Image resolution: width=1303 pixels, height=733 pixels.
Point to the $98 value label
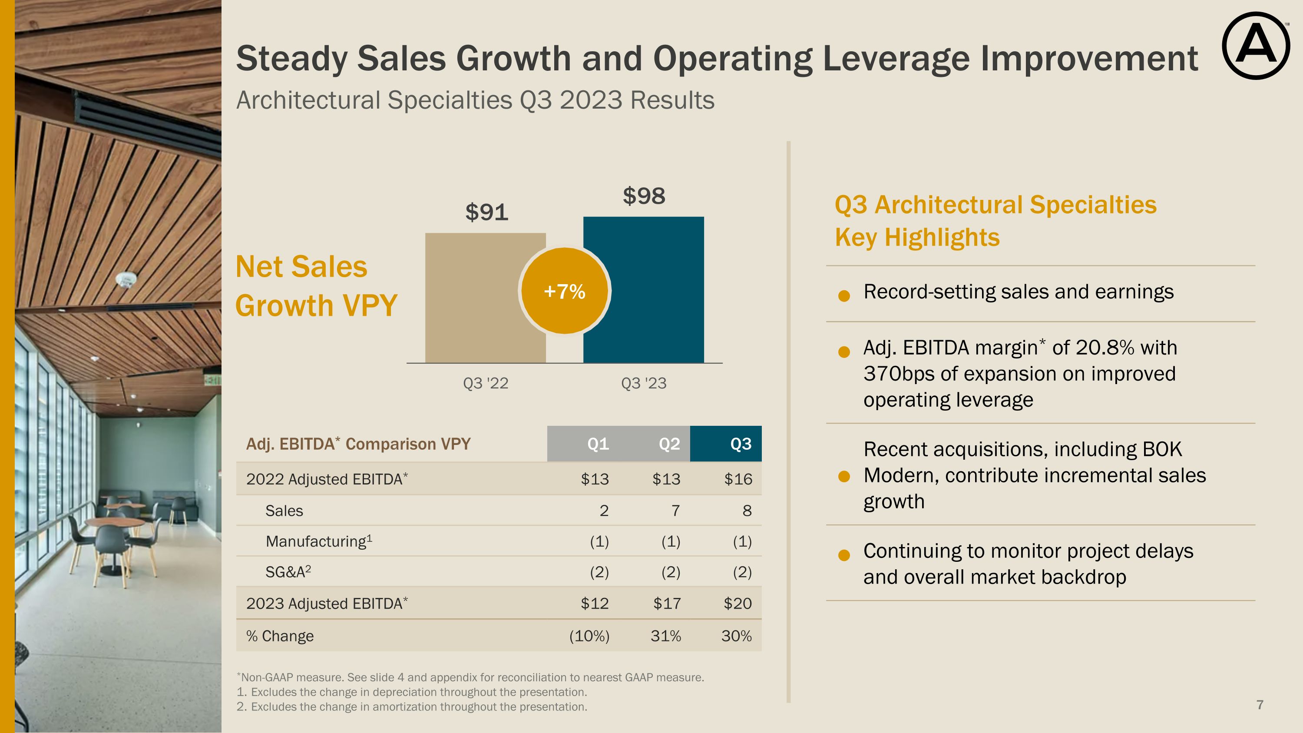point(643,196)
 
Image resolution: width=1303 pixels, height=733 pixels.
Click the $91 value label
point(486,212)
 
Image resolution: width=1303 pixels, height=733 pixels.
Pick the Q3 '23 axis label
point(643,383)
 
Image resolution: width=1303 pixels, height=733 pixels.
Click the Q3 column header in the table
point(741,444)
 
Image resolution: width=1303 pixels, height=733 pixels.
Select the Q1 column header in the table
point(598,444)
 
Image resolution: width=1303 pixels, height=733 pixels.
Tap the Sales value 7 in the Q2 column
point(675,511)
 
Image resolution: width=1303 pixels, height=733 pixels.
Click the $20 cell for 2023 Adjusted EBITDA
point(737,604)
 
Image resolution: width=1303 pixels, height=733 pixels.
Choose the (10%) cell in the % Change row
point(589,636)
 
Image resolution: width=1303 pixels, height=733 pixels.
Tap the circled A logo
point(1256,46)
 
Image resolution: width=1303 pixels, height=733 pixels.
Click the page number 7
point(1260,705)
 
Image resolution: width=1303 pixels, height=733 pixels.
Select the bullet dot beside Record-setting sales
point(844,296)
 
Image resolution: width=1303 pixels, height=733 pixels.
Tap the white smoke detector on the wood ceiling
point(126,279)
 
